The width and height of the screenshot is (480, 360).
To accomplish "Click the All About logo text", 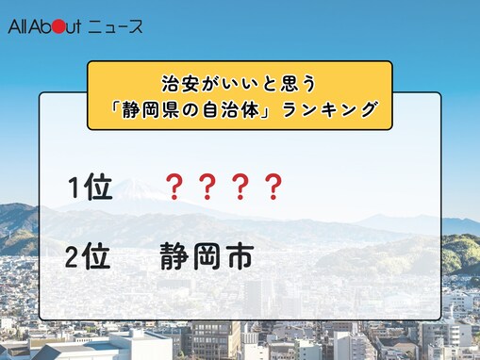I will (x=44, y=26).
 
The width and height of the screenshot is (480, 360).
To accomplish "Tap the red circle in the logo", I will (x=58, y=26).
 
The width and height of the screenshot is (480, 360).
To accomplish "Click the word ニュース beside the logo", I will (x=116, y=26).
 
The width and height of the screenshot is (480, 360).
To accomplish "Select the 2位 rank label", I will (x=91, y=256).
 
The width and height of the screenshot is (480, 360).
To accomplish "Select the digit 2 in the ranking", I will (x=75, y=256).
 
